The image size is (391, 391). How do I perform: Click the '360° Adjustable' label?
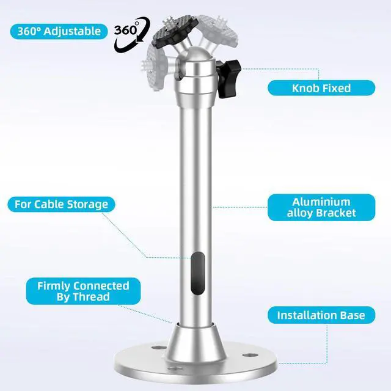pos(59,31)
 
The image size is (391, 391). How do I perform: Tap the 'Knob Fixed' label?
pos(321,88)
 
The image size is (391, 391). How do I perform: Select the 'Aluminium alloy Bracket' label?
pos(321,208)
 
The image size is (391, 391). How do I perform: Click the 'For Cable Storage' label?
pos(61,204)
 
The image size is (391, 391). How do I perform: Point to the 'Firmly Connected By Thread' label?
pos(83,291)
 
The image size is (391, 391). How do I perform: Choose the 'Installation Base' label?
pos(321,315)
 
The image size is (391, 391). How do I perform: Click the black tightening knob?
pos(228,78)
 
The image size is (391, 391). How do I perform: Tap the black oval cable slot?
pos(198,273)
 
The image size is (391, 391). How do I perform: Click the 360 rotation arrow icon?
pos(132,34)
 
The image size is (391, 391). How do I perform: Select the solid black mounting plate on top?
pos(175,32)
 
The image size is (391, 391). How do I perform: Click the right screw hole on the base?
pos(249,355)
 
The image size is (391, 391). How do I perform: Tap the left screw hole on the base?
pos(159,348)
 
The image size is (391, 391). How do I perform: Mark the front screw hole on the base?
pos(175,368)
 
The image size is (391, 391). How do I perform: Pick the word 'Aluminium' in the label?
pos(321,202)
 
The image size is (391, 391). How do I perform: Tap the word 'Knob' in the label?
pos(305,88)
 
